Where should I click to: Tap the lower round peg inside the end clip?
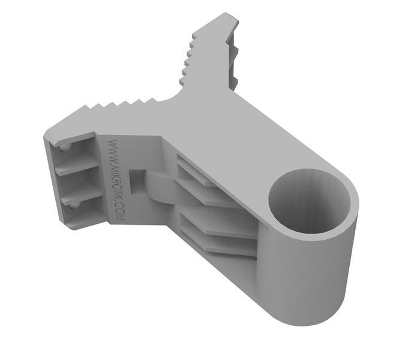(73, 205)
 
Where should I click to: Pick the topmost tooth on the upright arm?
(195, 37)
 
